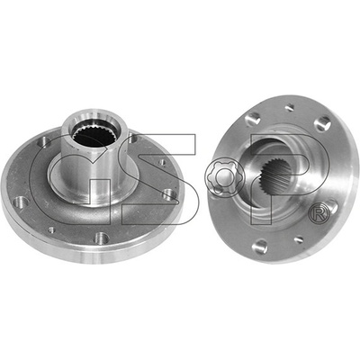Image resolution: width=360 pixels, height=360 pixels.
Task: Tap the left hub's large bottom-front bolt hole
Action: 102,238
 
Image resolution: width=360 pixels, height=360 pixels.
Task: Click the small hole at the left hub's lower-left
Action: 51,229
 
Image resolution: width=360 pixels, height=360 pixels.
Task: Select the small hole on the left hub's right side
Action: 162,162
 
